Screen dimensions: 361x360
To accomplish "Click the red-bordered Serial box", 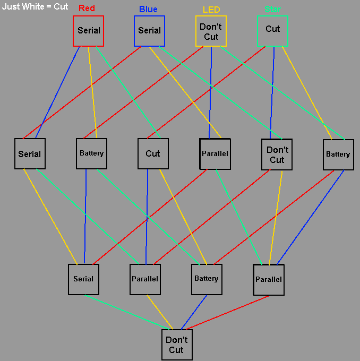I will pos(88,31).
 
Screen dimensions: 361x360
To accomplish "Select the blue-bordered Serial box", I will pos(149,31).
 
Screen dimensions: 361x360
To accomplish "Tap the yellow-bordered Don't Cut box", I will pos(211,31).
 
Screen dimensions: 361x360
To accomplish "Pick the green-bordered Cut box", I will pos(272,31).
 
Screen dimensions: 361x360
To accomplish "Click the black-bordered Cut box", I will pos(153,154).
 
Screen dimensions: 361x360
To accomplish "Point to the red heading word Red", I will pos(87,8).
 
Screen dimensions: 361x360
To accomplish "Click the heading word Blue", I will pos(148,9).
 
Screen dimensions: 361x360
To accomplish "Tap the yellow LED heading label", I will pos(211,10).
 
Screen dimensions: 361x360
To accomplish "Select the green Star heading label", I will pos(272,9).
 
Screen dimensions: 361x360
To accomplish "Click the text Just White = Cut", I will pos(35,7).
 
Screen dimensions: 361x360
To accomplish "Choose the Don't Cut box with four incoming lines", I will pos(177,345).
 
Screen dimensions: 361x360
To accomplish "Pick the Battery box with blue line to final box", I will pos(206,279).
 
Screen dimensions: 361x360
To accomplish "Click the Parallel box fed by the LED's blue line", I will pos(215,154).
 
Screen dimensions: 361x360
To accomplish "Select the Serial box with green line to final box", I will pos(83,279).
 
